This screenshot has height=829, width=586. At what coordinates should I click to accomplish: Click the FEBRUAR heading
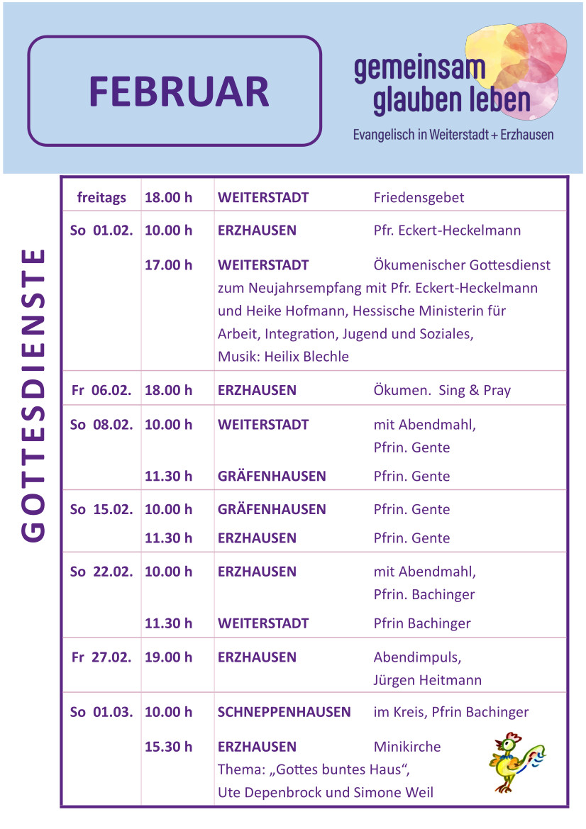(179, 91)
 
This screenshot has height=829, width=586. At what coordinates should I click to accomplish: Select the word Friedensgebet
(419, 198)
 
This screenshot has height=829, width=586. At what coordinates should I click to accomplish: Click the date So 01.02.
(101, 230)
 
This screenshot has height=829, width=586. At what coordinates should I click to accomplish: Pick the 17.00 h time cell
(168, 265)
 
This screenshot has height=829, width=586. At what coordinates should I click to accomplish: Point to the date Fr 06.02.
(101, 390)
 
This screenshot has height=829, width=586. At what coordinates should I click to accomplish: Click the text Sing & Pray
(475, 390)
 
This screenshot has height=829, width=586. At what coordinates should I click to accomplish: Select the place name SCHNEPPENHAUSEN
(284, 712)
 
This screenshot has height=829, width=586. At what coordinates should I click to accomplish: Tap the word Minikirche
(407, 747)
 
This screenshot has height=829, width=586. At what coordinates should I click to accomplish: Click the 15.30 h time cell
(168, 747)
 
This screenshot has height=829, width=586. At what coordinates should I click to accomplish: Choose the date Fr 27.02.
(101, 657)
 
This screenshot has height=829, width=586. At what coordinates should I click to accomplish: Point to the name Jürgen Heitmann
(427, 680)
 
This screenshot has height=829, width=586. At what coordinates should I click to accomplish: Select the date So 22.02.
(101, 572)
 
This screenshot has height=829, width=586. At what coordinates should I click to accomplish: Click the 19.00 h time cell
(168, 657)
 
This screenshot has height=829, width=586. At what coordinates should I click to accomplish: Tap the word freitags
(101, 198)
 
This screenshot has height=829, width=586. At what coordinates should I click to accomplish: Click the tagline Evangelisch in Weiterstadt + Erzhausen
(453, 134)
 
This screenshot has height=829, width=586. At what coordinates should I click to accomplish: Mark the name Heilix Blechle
(306, 357)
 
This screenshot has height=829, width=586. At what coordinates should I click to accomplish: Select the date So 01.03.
(101, 712)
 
